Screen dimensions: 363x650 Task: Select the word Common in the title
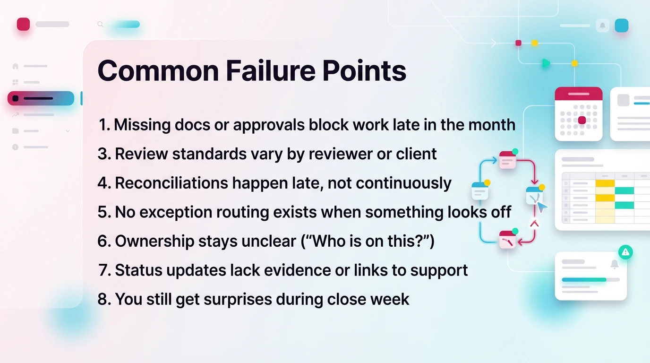pyautogui.click(x=158, y=71)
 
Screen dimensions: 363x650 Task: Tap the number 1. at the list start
pyautogui.click(x=104, y=125)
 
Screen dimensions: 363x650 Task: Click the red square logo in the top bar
pyautogui.click(x=23, y=24)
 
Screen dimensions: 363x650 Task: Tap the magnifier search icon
pyautogui.click(x=100, y=24)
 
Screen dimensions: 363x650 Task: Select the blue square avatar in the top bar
pyautogui.click(x=622, y=26)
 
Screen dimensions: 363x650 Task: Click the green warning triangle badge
pyautogui.click(x=625, y=252)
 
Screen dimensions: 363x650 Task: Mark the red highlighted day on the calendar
pyautogui.click(x=582, y=120)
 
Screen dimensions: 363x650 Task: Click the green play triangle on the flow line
pyautogui.click(x=546, y=63)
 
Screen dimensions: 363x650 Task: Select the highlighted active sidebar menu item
pyautogui.click(x=41, y=98)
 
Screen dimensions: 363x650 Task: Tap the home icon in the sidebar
pyautogui.click(x=16, y=66)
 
